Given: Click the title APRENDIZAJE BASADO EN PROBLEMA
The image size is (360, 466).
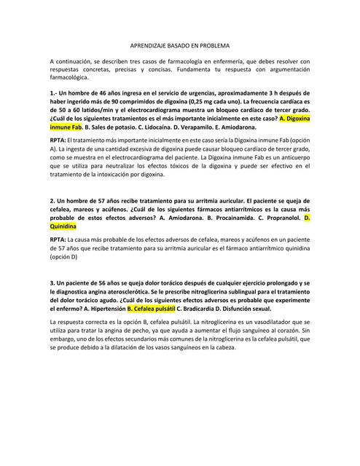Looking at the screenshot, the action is click(179, 44).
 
